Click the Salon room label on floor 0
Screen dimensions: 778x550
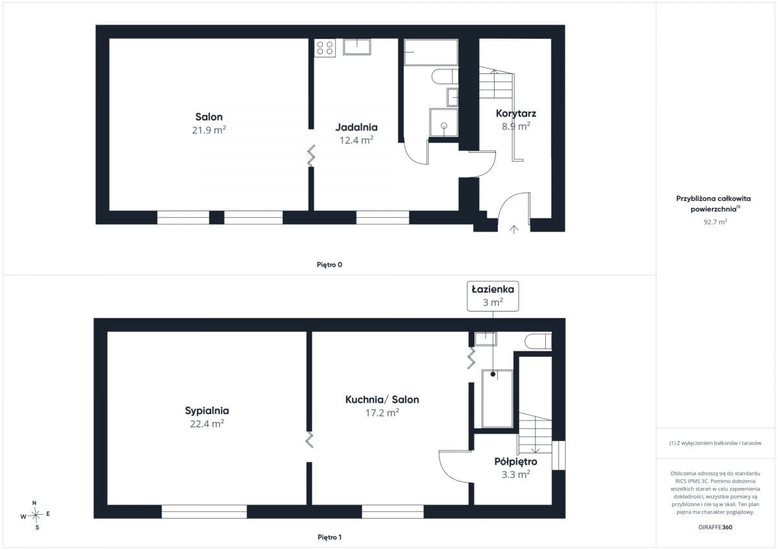click(209, 117)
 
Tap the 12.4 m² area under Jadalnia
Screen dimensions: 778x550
click(357, 140)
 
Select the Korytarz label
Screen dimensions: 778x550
click(516, 113)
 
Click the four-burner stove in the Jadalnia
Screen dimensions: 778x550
click(325, 48)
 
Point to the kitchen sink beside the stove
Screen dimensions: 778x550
click(357, 47)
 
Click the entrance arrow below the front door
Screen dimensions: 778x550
click(513, 229)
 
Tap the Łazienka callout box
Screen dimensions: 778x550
click(493, 296)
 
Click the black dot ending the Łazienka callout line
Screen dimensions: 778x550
click(493, 374)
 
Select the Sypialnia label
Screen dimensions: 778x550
click(207, 411)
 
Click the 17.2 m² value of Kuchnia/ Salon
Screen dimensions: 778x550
click(382, 413)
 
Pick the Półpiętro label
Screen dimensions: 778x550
click(516, 461)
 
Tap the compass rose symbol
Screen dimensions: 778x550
click(36, 515)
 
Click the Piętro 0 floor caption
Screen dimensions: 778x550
click(329, 265)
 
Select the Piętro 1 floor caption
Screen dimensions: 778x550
click(329, 537)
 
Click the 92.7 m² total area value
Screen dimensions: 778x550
click(715, 222)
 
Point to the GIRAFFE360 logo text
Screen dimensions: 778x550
click(715, 527)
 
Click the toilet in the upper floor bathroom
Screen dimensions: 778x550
click(538, 341)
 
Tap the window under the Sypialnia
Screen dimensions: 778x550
click(204, 512)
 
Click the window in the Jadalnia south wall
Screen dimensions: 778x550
click(383, 218)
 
